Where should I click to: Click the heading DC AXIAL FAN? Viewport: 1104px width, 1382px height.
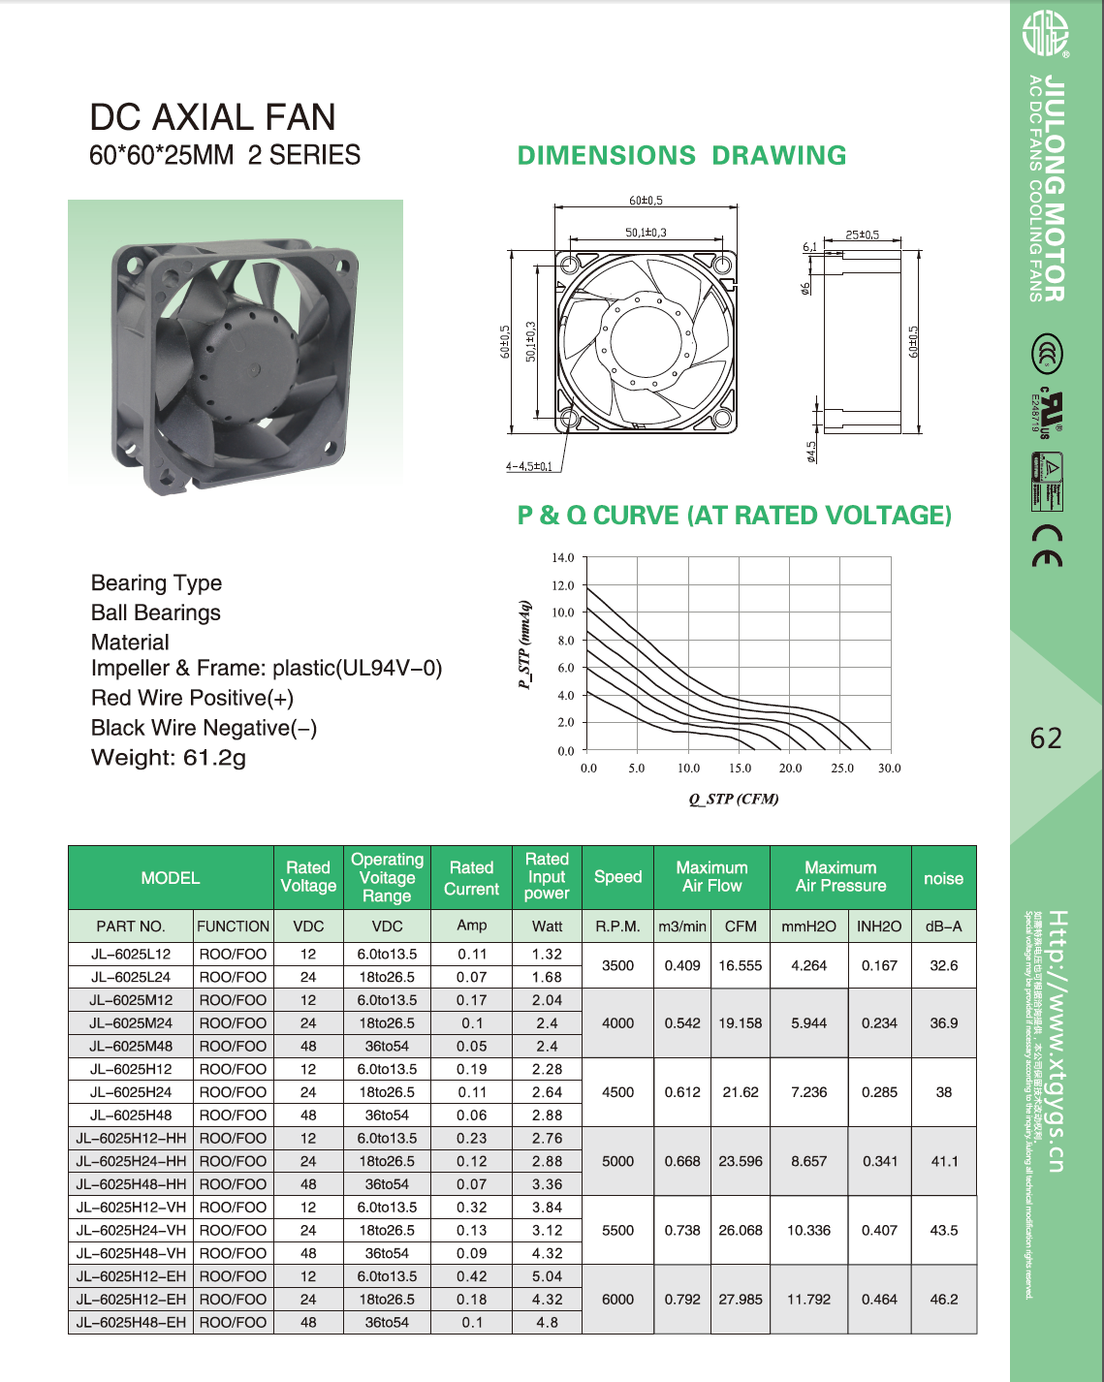click(212, 117)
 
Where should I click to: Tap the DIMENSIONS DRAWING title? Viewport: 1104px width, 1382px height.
click(681, 155)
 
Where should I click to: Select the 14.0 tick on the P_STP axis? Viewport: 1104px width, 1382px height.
click(563, 558)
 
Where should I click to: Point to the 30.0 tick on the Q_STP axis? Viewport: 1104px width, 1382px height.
click(889, 768)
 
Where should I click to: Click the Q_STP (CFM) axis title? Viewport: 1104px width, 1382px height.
click(734, 799)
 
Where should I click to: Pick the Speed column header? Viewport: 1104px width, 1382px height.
click(617, 877)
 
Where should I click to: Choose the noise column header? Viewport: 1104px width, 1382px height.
click(943, 878)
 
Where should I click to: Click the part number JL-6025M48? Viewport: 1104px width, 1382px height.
click(131, 1047)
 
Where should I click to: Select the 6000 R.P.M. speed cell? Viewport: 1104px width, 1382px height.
click(617, 1300)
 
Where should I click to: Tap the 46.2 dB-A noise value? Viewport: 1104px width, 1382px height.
click(944, 1300)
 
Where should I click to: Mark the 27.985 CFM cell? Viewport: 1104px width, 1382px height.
click(741, 1300)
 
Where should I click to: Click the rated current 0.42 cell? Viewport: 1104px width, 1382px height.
click(472, 1276)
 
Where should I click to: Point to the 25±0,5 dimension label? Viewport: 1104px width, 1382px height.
click(863, 235)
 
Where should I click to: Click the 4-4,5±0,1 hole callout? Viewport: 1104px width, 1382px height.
click(529, 466)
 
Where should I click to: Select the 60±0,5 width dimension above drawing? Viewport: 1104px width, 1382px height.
click(647, 201)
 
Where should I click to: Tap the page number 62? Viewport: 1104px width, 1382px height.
click(1046, 738)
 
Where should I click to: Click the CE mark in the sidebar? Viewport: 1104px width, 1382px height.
click(1047, 546)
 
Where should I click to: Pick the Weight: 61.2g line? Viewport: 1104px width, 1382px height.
click(169, 758)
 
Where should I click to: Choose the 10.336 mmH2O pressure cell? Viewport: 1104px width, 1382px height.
click(808, 1231)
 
